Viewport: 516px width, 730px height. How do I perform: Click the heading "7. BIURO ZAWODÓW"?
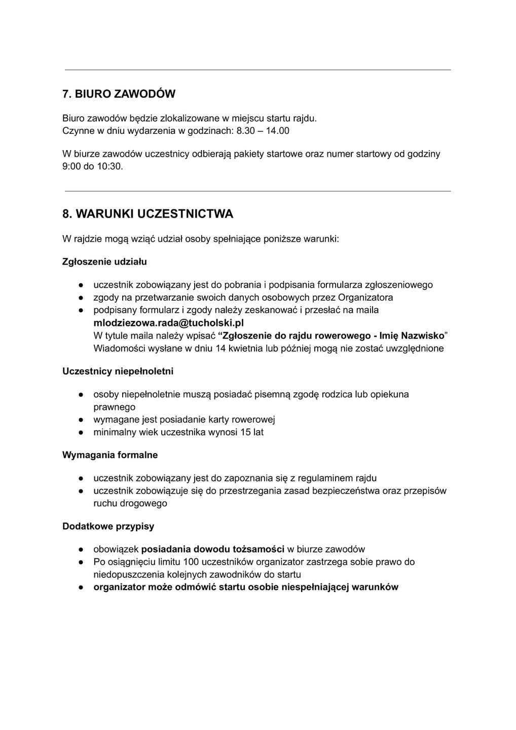(119, 94)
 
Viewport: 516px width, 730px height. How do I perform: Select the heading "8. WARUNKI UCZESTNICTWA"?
(148, 214)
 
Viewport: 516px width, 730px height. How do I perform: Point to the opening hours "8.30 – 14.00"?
(263, 131)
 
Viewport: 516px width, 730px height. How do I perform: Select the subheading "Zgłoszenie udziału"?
(104, 262)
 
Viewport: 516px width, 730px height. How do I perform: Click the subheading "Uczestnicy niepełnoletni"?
(118, 372)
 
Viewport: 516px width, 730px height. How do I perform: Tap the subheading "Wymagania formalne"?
(110, 455)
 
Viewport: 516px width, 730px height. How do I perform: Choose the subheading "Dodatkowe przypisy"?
(108, 526)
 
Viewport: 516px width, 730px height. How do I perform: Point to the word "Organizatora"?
(365, 298)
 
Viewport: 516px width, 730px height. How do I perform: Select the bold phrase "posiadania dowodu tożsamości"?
(213, 549)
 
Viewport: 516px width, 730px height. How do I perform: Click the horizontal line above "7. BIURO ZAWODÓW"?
(257, 70)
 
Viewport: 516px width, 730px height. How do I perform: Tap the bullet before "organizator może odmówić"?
(81, 588)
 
